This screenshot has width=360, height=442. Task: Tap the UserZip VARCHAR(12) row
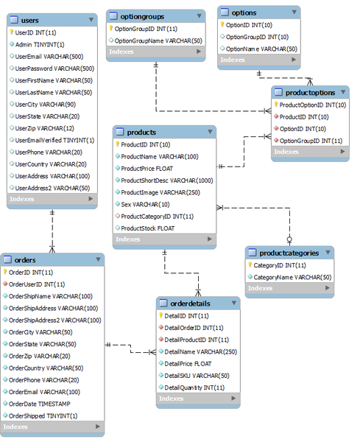coord(44,127)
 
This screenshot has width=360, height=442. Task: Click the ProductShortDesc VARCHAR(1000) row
coord(166,180)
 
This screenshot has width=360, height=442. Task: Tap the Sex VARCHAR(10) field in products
coord(144,203)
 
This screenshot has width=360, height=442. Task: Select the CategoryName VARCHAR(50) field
coord(292,276)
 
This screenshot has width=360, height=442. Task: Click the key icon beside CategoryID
coord(250,264)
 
